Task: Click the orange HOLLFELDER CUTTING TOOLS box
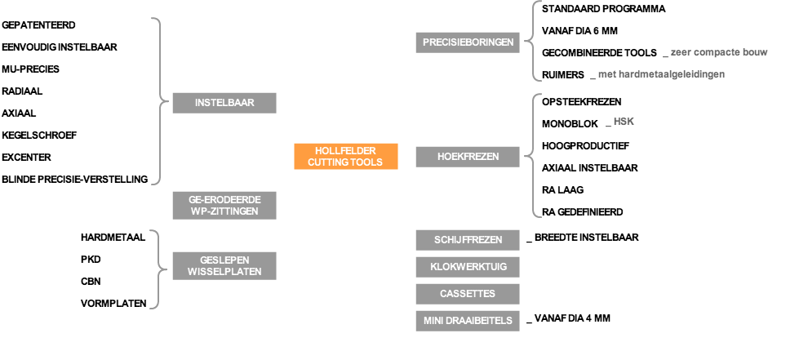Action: tap(346, 157)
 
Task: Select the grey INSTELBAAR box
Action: tap(224, 103)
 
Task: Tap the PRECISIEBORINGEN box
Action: tap(468, 42)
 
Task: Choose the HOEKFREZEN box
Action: tap(468, 157)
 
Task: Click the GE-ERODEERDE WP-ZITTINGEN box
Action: tap(224, 206)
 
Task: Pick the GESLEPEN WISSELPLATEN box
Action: tap(224, 266)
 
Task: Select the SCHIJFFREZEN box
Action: tap(468, 240)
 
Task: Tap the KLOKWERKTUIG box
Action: tap(468, 267)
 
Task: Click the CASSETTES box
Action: tap(468, 294)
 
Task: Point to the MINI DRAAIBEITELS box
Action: tap(468, 321)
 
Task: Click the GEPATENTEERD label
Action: tap(38, 24)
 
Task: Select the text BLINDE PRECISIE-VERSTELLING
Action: tap(75, 179)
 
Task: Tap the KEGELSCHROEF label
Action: tap(39, 135)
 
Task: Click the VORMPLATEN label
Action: tap(113, 304)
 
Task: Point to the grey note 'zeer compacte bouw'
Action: tap(719, 52)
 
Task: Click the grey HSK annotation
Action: tap(624, 122)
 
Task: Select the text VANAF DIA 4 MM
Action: tap(572, 318)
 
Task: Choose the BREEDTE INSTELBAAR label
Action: tap(587, 238)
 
